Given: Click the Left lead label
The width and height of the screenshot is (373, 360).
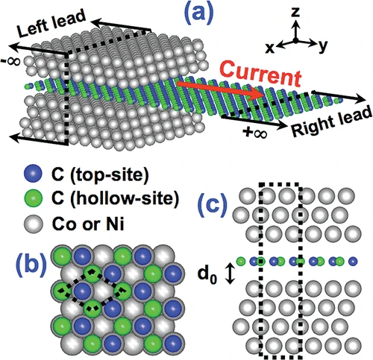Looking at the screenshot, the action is [51, 24].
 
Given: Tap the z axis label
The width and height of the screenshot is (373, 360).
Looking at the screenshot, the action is [295, 12].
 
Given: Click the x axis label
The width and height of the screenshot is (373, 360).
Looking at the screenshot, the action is [270, 48].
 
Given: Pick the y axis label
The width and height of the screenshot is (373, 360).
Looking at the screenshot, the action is [322, 45].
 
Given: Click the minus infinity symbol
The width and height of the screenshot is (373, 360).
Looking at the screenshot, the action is [12, 61].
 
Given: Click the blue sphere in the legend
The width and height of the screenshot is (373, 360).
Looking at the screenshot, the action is [33, 173].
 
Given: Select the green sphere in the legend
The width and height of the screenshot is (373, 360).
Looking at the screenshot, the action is [33, 198].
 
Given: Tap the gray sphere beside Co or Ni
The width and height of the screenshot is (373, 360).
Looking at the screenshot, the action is [33, 224].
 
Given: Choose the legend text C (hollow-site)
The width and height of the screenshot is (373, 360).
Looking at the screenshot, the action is [116, 199].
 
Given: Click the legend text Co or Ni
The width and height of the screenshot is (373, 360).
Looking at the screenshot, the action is [88, 224].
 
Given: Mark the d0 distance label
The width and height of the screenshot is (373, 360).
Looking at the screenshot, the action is [207, 275].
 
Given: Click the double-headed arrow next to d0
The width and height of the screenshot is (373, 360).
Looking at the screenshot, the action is [231, 274].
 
